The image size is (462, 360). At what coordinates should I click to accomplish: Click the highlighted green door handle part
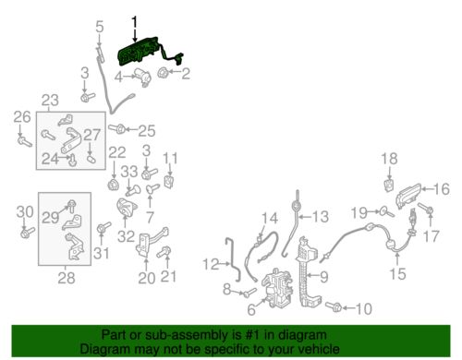140,53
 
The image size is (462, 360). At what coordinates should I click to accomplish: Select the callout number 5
100,27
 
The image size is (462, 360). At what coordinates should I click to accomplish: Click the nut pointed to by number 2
162,73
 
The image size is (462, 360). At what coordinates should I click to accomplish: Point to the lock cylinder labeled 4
142,77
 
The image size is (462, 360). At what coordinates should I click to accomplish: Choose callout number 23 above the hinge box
50,101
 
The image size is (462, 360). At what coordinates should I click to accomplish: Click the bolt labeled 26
24,142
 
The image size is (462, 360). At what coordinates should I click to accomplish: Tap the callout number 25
147,131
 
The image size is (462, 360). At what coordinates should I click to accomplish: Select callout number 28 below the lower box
67,278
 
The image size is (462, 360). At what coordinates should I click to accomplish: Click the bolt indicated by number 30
27,233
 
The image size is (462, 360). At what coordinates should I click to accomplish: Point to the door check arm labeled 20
151,242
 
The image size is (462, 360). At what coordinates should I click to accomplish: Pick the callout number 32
126,236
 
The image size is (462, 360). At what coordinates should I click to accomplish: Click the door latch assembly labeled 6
277,288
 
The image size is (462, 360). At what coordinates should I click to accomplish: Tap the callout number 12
211,264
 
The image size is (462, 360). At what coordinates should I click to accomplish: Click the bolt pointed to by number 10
334,306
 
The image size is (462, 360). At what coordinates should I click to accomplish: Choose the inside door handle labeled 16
408,196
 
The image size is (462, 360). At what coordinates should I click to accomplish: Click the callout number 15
397,273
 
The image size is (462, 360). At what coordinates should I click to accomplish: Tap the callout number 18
389,159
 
